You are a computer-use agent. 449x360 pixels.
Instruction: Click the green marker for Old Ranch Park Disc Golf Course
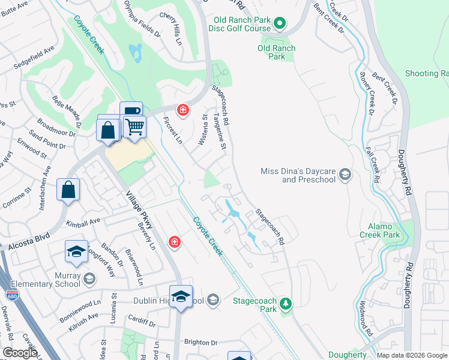(x=279, y=24)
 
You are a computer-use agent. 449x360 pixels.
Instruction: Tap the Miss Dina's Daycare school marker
(x=345, y=175)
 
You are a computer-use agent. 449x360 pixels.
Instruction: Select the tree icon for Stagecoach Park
(x=287, y=304)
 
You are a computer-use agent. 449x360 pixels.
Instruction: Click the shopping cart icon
(x=135, y=127)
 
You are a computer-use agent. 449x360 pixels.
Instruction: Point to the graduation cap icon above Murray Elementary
(x=76, y=253)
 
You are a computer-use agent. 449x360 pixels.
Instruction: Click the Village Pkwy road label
(x=140, y=211)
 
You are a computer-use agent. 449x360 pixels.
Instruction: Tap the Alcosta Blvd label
(x=25, y=245)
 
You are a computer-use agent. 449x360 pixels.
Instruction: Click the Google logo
(x=20, y=353)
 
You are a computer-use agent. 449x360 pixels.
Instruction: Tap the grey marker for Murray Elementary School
(x=89, y=279)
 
